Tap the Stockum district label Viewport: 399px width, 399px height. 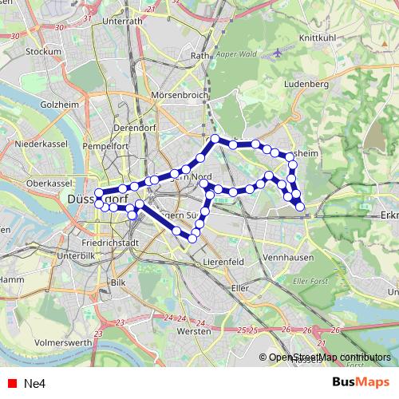pyautogui.click(x=43, y=51)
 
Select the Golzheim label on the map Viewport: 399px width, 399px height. pyautogui.click(x=57, y=105)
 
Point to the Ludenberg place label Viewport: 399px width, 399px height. pyautogui.click(x=306, y=82)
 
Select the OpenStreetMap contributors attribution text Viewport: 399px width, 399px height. pyautogui.click(x=330, y=358)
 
